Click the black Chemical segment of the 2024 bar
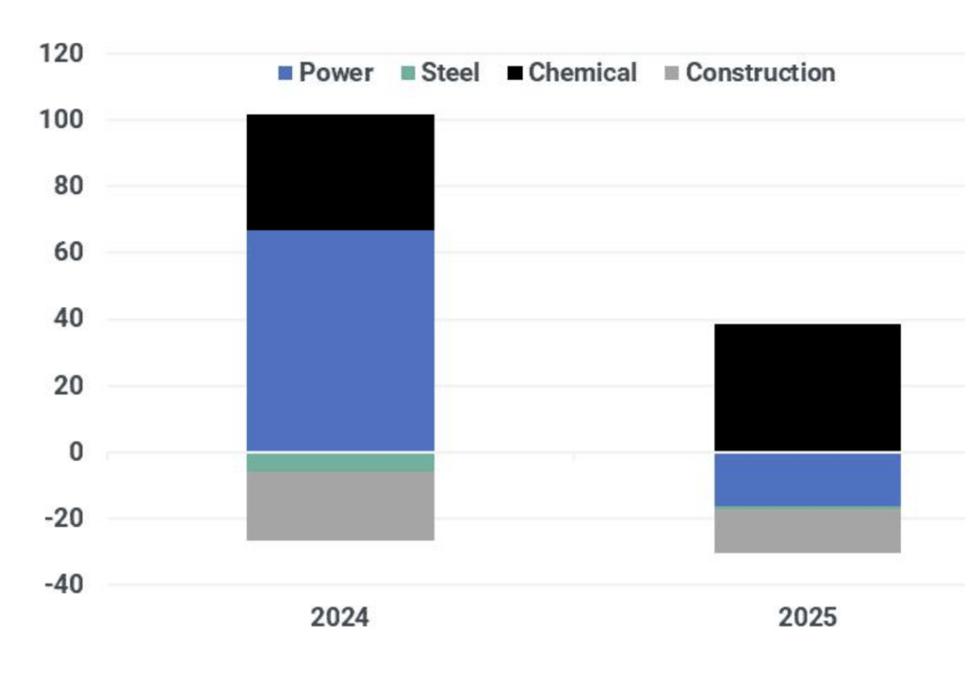coord(340,172)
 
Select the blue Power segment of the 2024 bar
coord(340,340)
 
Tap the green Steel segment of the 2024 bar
coord(340,462)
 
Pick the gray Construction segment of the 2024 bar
coord(340,506)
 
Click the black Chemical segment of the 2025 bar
coord(807,387)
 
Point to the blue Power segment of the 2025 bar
coord(807,479)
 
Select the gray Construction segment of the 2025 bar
coord(807,531)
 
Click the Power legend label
coord(336,74)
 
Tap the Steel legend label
coord(450,74)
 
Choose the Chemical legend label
coord(582,74)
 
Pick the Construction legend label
coord(760,74)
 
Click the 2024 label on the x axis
coord(340,618)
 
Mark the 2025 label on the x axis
coord(807,618)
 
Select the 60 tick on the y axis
coord(70,253)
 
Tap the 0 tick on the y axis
coord(77,452)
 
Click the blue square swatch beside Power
coord(285,74)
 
